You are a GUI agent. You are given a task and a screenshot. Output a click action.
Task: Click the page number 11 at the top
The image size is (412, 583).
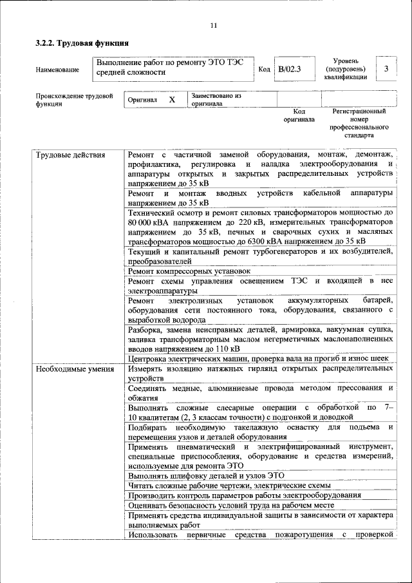click(x=214, y=26)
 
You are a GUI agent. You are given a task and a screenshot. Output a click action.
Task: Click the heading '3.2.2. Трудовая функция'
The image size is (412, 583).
click(x=82, y=44)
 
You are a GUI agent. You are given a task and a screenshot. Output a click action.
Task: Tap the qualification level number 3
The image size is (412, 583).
click(x=386, y=68)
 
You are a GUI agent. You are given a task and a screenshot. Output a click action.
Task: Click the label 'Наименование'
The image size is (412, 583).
click(x=58, y=69)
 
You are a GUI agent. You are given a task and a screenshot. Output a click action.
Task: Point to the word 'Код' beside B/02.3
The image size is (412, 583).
click(x=264, y=68)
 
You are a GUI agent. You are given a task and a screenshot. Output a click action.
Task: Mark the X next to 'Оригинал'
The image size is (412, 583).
click(x=172, y=100)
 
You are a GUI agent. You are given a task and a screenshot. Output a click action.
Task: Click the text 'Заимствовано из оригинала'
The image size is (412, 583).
click(x=216, y=99)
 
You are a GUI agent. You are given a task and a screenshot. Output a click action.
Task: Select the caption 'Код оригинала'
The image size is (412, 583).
click(x=299, y=115)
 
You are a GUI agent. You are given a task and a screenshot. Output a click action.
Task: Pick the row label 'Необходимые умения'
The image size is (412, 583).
click(x=75, y=369)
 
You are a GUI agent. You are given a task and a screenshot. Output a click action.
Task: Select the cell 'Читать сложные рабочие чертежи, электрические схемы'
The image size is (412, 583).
click(x=229, y=485)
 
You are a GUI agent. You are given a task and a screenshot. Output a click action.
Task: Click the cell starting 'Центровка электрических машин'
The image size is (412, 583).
click(x=259, y=358)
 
